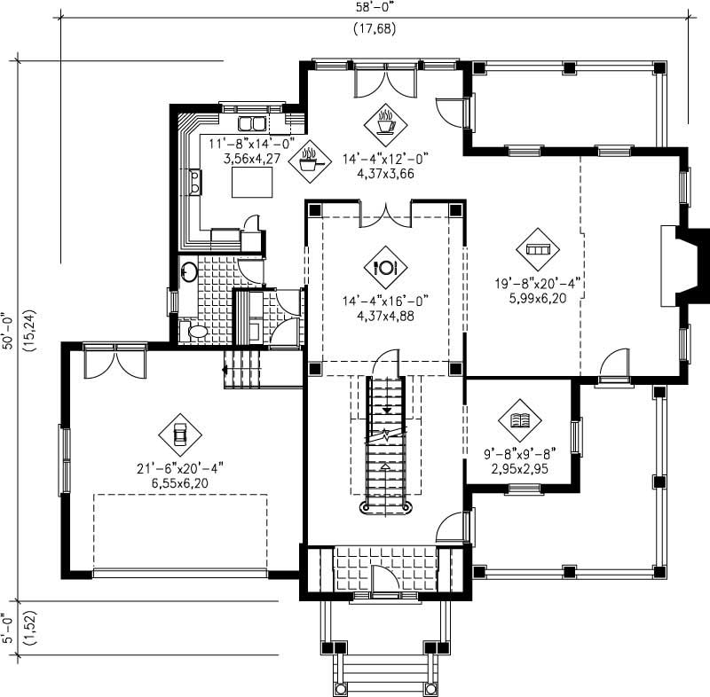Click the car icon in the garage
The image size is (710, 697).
(180, 435)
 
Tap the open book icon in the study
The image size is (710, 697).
(520, 420)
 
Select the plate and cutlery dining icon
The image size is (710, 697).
(386, 267)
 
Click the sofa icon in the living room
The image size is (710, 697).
(538, 250)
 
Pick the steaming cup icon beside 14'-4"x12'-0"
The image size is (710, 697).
(386, 125)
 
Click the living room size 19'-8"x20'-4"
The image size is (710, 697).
(538, 285)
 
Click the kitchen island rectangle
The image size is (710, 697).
(251, 183)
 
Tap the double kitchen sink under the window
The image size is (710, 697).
(252, 123)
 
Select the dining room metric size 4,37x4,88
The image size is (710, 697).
(385, 315)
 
